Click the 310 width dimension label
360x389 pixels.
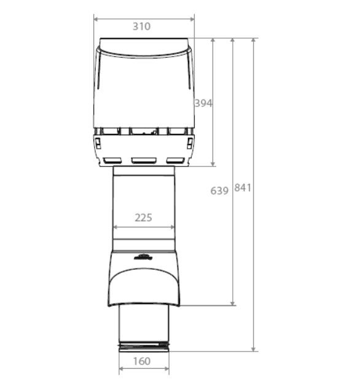coord(141,26)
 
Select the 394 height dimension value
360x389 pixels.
coord(203,103)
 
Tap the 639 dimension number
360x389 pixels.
coord(219,191)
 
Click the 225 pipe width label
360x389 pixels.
coord(143,218)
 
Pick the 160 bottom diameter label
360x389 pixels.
coord(141,361)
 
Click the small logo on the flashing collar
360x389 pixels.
coord(142,257)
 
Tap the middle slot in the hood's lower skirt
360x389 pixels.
coord(144,160)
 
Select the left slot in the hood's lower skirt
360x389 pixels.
coord(113,160)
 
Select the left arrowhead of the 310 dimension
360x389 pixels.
coord(96,18)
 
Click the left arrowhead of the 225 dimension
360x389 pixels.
coord(115,227)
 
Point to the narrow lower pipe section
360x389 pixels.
coord(144,326)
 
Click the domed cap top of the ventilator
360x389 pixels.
coord(144,47)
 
